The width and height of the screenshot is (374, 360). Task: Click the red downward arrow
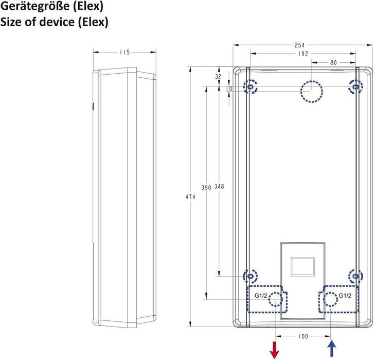(275, 350)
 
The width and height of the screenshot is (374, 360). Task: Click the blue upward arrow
(331, 349)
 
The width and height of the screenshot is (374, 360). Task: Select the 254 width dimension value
(299, 45)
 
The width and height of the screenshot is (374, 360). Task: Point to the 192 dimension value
(303, 54)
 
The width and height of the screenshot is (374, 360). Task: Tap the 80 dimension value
(333, 62)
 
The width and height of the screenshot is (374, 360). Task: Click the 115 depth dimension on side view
(124, 52)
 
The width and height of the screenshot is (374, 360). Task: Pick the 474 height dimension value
(190, 197)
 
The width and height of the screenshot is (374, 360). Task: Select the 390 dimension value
(206, 187)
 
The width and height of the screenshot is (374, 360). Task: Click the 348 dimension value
(219, 186)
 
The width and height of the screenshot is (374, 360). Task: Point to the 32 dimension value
(218, 77)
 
